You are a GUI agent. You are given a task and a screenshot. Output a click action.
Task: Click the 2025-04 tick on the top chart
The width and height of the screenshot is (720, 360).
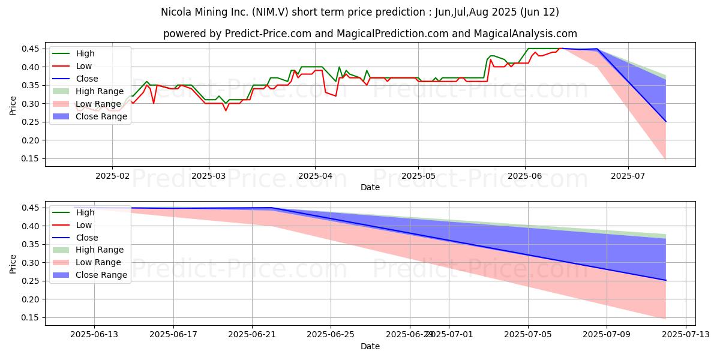click(x=316, y=176)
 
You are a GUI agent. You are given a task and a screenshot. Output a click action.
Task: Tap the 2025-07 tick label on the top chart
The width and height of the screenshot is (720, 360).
click(x=628, y=176)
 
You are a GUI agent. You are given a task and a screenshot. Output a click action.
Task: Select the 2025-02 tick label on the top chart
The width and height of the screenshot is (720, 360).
click(x=112, y=176)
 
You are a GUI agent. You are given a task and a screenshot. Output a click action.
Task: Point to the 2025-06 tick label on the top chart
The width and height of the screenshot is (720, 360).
click(x=526, y=176)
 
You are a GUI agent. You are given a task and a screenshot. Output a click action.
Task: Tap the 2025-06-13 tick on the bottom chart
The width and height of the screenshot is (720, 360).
click(x=94, y=335)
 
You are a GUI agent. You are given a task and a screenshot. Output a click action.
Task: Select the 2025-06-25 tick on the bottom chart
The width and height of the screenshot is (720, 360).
click(x=331, y=335)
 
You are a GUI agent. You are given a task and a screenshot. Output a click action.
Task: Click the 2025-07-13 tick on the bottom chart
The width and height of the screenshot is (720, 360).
click(x=685, y=335)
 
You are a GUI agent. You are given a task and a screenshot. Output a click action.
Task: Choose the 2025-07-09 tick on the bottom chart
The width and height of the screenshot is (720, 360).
click(x=606, y=335)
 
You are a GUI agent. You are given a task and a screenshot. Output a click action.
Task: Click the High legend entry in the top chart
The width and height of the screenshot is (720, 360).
click(x=85, y=53)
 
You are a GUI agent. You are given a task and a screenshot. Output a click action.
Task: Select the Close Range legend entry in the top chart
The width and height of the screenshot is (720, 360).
click(x=101, y=116)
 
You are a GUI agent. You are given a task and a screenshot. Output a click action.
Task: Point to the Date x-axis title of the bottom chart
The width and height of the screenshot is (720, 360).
click(x=370, y=346)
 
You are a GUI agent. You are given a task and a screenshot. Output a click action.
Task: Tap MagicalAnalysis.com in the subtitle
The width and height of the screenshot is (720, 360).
click(x=525, y=34)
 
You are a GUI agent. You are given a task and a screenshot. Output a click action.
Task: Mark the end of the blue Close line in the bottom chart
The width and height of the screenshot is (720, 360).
click(x=665, y=280)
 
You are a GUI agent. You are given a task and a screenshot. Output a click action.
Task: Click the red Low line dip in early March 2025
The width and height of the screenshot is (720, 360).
click(x=226, y=110)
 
